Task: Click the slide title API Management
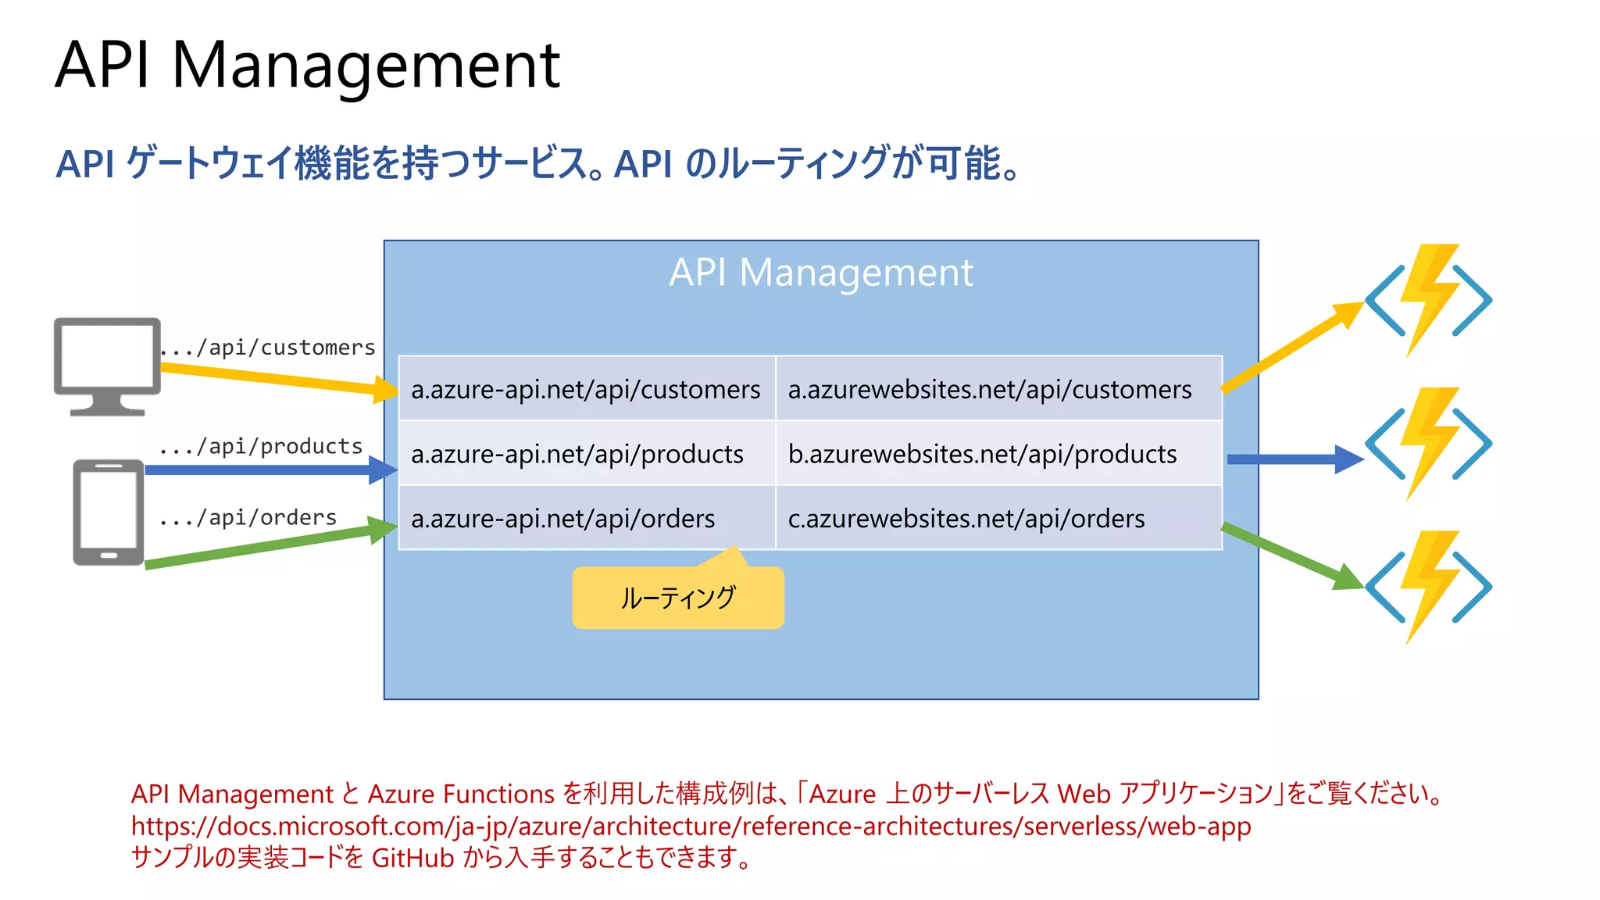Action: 307,66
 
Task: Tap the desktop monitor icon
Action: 107,364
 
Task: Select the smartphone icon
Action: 109,512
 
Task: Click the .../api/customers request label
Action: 268,347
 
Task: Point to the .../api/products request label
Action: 261,446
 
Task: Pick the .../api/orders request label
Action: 248,517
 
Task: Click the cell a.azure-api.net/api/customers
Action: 586,389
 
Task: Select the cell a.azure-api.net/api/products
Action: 577,454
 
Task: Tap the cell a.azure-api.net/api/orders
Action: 562,519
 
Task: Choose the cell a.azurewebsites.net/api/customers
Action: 990,389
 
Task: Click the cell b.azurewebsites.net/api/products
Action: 982,454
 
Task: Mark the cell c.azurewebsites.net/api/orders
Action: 966,519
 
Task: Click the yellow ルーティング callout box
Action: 677,598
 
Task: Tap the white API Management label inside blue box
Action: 820,273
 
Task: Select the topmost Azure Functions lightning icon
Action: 1428,300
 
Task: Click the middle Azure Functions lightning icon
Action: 1428,443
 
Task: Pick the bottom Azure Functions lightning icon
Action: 1428,586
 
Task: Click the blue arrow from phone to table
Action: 266,470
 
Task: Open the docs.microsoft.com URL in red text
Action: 691,826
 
